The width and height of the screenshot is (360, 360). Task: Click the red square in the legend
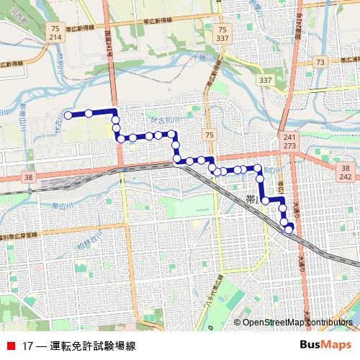point(11,346)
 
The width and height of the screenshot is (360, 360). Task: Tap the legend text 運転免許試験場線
point(93,346)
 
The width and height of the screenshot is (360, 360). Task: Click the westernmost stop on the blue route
point(68,114)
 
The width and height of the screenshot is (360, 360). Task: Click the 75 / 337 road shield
point(222,32)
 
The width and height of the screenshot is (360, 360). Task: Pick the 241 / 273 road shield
point(289,140)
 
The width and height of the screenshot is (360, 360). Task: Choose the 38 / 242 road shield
point(345,171)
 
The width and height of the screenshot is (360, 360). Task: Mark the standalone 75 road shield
point(208,135)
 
